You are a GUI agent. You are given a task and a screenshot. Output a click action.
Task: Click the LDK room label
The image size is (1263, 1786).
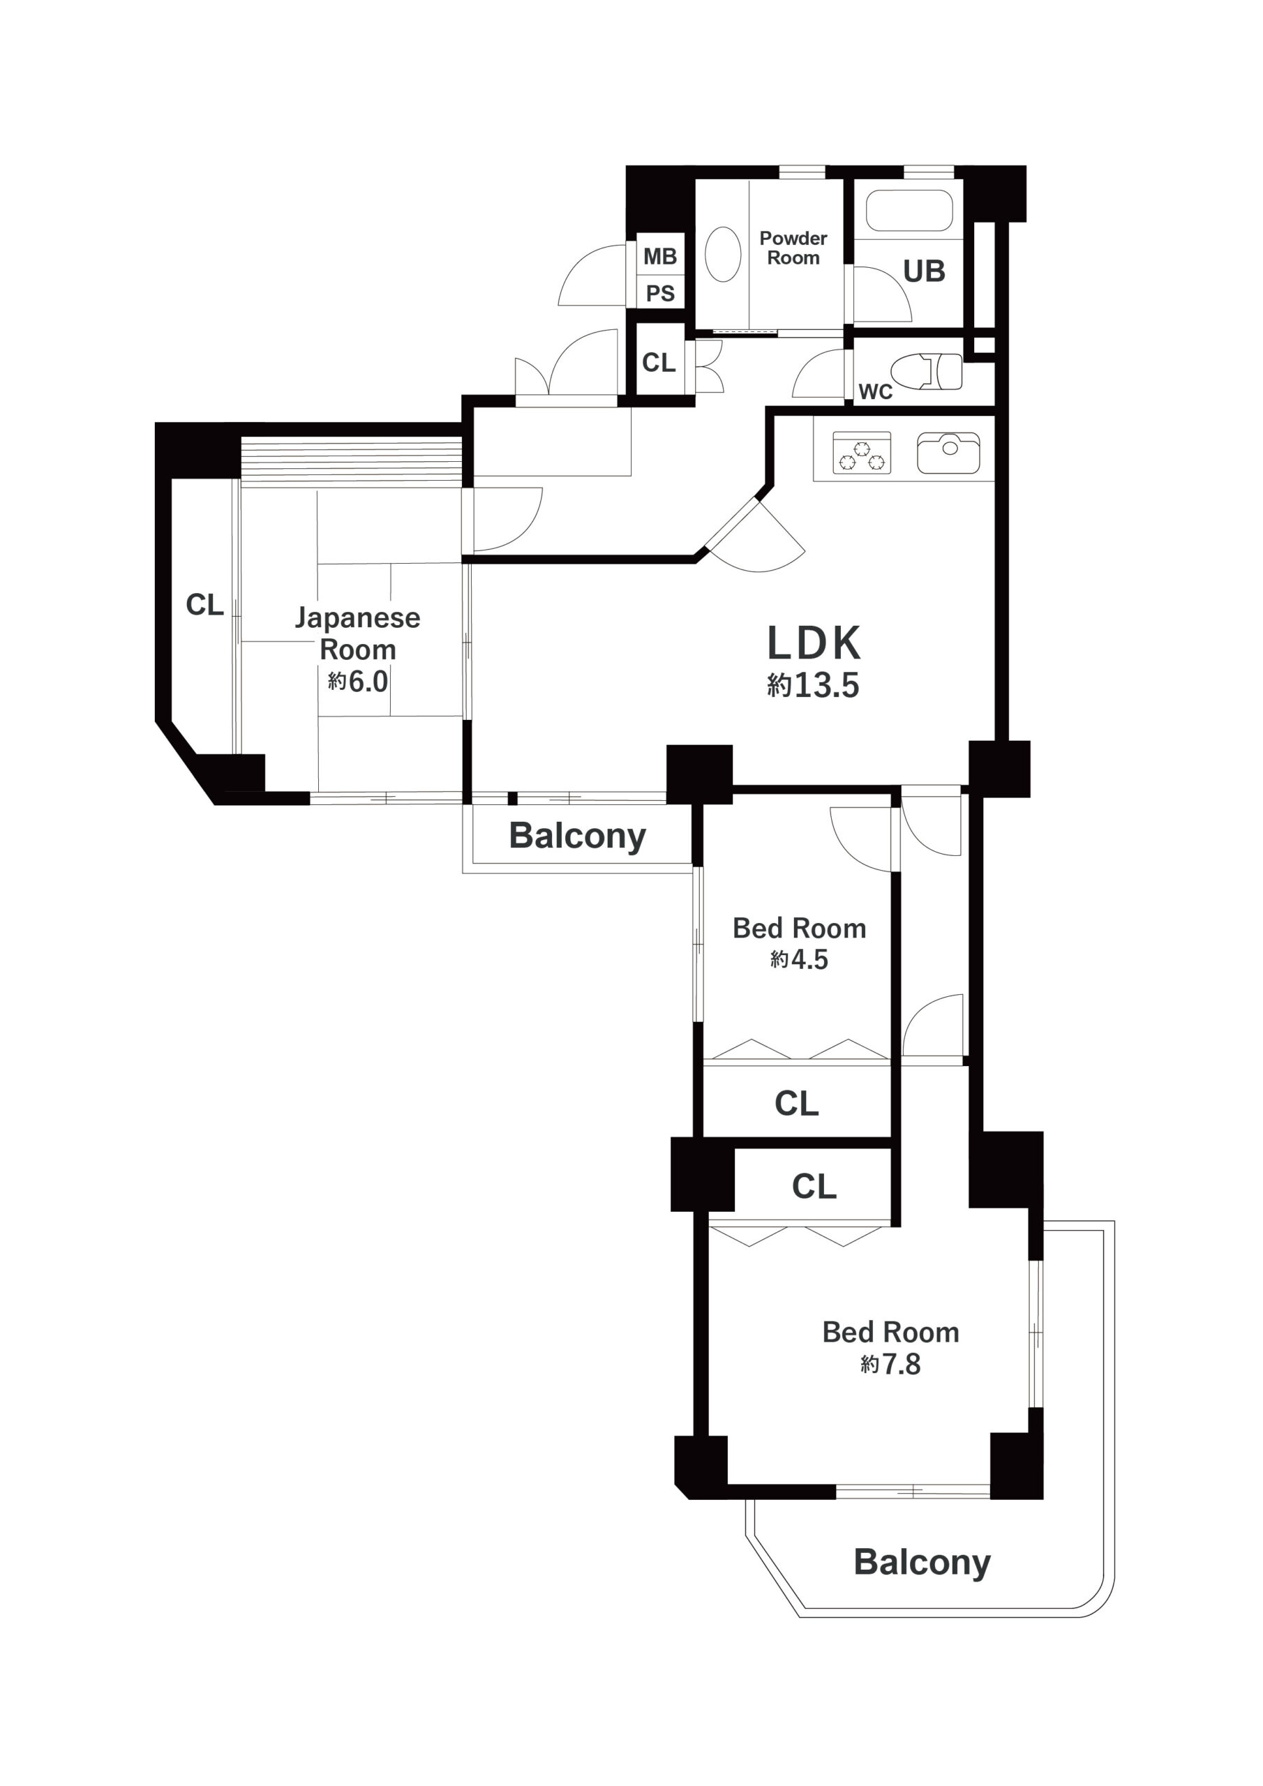[x=814, y=643]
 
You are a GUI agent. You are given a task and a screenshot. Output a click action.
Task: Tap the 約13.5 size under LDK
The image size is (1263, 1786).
[x=813, y=685]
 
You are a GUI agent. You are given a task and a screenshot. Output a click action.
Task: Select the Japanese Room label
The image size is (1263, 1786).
[x=358, y=634]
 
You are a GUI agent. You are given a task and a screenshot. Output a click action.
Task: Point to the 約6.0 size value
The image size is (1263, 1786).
[x=358, y=682]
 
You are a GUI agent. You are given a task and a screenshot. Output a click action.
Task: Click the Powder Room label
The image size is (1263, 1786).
[x=793, y=248]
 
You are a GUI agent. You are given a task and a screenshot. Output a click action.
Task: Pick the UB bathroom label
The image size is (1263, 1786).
[x=925, y=271]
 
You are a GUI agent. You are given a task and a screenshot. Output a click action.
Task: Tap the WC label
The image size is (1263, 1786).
[x=876, y=392]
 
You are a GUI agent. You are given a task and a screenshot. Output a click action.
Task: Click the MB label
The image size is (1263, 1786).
[x=660, y=256]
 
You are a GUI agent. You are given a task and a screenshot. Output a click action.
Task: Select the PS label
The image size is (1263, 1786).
[x=660, y=294]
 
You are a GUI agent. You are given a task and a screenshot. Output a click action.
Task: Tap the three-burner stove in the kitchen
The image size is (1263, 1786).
[x=862, y=453]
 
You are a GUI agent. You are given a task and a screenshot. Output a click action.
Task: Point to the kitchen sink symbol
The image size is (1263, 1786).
[x=948, y=453]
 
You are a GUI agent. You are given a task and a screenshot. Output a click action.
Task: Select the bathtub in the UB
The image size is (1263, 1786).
[x=910, y=210]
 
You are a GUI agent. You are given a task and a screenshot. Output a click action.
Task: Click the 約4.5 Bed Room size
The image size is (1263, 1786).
[x=799, y=960]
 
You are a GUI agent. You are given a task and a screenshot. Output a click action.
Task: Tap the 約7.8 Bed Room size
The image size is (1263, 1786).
[x=890, y=1365]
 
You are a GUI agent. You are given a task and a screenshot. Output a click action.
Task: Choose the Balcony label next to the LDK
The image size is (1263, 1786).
[x=577, y=836]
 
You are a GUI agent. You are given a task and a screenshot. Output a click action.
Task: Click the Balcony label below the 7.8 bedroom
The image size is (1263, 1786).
[x=922, y=1563]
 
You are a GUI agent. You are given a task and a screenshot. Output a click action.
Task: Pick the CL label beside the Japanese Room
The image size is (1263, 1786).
[x=204, y=604]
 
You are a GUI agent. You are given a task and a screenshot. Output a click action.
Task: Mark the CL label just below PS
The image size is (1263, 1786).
[x=659, y=363]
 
